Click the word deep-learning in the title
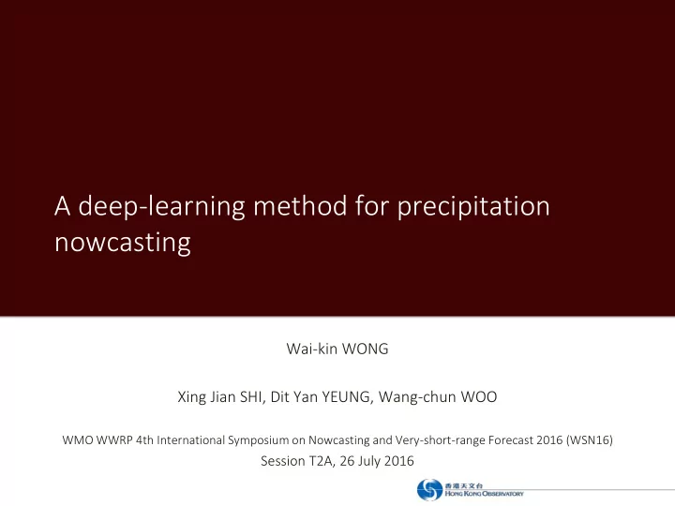(161, 207)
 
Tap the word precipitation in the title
(473, 207)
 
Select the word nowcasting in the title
(123, 243)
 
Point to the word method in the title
(300, 205)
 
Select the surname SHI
(251, 396)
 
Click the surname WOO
(479, 396)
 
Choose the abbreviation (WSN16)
(590, 440)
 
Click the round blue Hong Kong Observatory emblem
(429, 490)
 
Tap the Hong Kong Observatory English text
(485, 494)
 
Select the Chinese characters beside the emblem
(464, 485)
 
